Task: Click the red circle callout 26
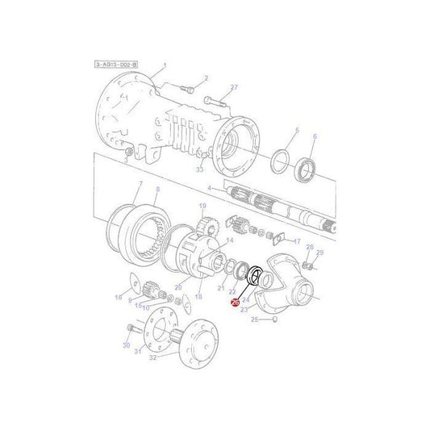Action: [235, 303]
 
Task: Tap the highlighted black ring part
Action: [254, 276]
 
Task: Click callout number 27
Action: [235, 87]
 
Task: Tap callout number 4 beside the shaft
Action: [209, 189]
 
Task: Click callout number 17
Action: [297, 241]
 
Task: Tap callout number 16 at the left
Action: [118, 298]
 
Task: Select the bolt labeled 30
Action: [132, 328]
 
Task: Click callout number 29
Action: [319, 253]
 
